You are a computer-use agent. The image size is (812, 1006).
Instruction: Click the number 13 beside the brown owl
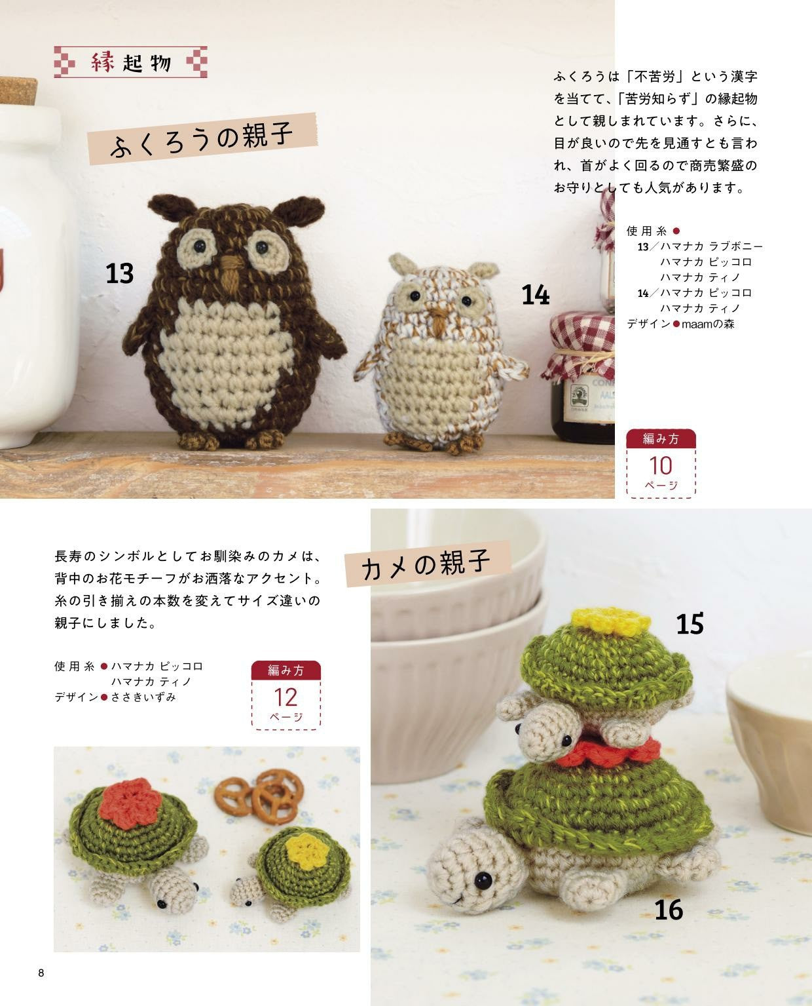pos(119,273)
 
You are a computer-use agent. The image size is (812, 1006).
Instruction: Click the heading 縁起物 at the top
pos(131,62)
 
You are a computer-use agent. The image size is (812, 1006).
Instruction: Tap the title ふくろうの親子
pos(202,139)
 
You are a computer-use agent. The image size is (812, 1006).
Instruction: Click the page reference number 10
pos(661,466)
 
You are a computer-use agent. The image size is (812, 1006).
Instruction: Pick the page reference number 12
pos(286,697)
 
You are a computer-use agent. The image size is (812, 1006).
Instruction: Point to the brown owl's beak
pos(231,272)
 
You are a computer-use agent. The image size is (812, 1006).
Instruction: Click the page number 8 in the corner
pos(41,973)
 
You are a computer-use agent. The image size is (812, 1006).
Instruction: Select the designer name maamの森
pos(708,324)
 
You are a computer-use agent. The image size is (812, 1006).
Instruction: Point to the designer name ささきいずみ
pos(143,697)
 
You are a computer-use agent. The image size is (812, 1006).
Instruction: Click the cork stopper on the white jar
pos(18,91)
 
